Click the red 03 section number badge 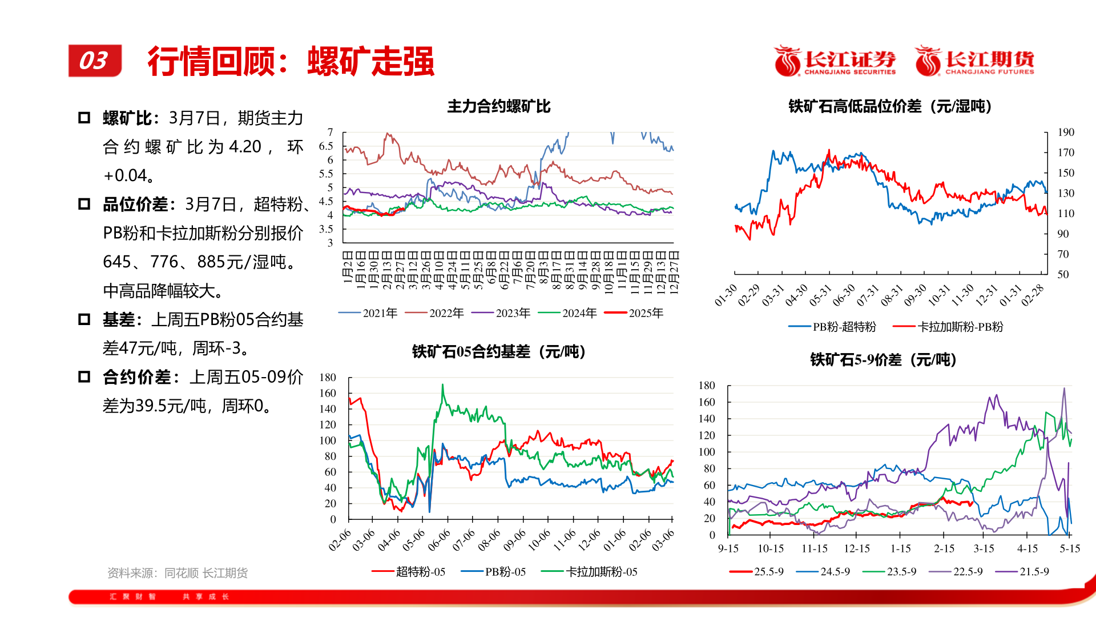pyautogui.click(x=95, y=61)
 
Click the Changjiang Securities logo pyautogui.click(x=834, y=61)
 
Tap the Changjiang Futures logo pyautogui.click(x=974, y=61)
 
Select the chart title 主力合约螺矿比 pyautogui.click(x=498, y=107)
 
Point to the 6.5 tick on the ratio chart pyautogui.click(x=326, y=146)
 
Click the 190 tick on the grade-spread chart pyautogui.click(x=1065, y=133)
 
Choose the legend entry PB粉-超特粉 pyautogui.click(x=832, y=327)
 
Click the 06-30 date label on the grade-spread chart pyautogui.click(x=844, y=295)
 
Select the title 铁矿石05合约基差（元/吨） pyautogui.click(x=498, y=352)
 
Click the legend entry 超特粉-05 pyautogui.click(x=409, y=572)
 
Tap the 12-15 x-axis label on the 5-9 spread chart pyautogui.click(x=857, y=549)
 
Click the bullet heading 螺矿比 pyautogui.click(x=127, y=118)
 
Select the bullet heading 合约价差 pyautogui.click(x=137, y=377)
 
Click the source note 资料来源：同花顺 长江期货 pyautogui.click(x=178, y=573)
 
